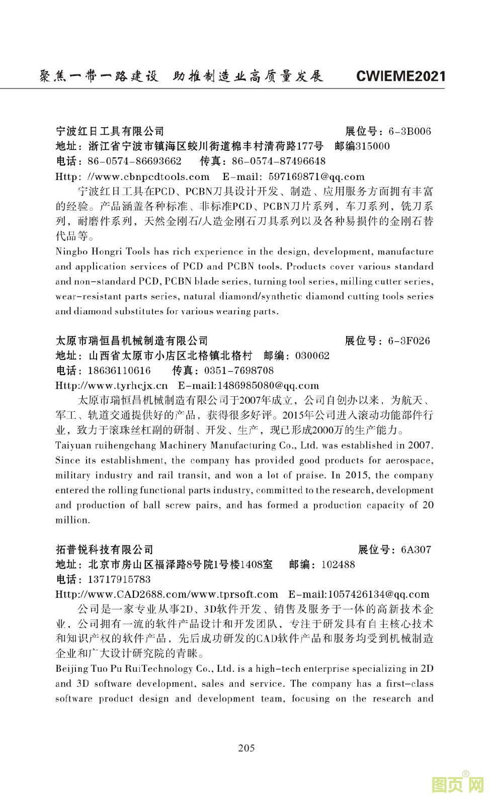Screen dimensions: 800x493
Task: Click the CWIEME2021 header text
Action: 400,76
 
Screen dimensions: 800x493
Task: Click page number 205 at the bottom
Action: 247,747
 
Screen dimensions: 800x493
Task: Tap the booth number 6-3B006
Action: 409,132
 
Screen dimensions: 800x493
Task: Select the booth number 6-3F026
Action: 409,341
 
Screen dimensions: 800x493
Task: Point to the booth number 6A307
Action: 416,550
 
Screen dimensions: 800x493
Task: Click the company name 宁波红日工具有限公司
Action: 110,132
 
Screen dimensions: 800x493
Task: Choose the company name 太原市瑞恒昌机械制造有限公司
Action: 131,341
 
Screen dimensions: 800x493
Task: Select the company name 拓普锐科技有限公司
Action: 104,550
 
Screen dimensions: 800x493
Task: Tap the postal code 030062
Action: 312,356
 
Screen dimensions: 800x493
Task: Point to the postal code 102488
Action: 338,565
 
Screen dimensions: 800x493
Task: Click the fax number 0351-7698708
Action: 238,371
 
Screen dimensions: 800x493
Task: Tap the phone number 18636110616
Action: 119,371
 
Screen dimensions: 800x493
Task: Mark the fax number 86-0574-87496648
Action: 279,161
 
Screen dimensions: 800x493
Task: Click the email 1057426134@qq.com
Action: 378,594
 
